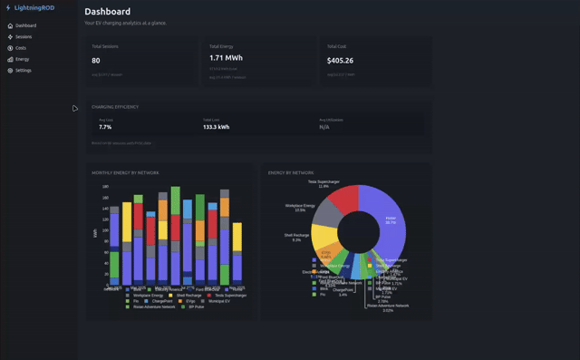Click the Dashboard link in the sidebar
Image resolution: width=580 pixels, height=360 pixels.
tap(25, 25)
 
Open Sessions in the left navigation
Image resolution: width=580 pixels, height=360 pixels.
tap(24, 36)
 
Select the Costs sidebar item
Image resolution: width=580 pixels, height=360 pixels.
tap(21, 47)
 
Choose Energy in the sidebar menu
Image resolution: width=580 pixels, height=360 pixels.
tap(22, 59)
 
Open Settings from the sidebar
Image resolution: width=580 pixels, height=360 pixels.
tap(23, 70)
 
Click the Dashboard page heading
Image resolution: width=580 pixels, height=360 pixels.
tap(107, 12)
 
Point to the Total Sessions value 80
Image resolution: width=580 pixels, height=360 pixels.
tap(96, 61)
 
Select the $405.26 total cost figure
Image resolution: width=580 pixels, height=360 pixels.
tap(340, 61)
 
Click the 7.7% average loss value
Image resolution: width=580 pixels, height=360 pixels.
tap(105, 127)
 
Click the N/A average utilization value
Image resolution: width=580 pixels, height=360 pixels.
tap(324, 127)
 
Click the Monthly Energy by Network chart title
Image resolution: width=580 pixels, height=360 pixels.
tap(125, 171)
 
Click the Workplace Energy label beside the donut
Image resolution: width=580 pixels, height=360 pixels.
tap(300, 207)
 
